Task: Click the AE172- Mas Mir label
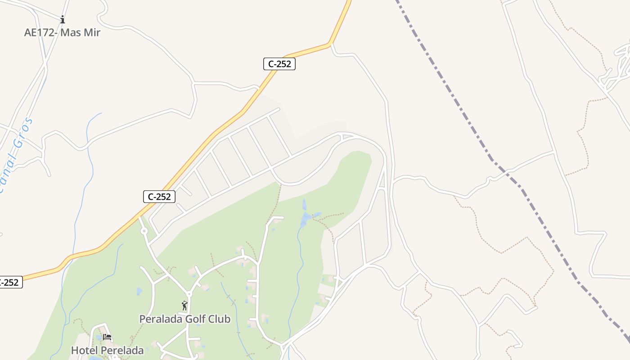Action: click(x=62, y=32)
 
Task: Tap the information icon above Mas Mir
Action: click(x=63, y=19)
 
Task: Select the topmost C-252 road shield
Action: click(x=279, y=64)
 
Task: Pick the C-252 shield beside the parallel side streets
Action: click(x=159, y=197)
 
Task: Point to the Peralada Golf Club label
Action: click(x=184, y=319)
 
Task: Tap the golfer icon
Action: click(x=184, y=306)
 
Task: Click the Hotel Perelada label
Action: click(x=107, y=350)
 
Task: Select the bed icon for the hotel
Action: click(x=107, y=337)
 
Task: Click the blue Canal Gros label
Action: click(x=16, y=155)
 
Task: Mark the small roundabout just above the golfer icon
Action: click(x=189, y=294)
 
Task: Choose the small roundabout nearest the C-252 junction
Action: click(x=144, y=231)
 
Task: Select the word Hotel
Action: click(x=85, y=350)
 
